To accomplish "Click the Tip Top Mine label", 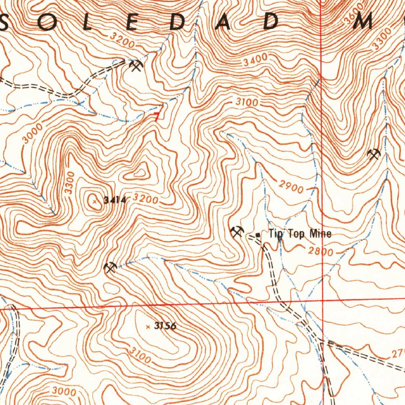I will pos(300,234).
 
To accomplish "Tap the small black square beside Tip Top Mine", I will pos(258,235).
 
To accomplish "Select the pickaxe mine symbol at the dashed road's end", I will pos(136,65).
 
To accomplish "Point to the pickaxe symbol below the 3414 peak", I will pos(110,268).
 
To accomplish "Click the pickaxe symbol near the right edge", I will pos(373,154).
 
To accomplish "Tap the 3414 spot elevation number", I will pos(114,201).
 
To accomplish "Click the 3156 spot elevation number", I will pos(165,326).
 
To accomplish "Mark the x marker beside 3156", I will pos(148,327).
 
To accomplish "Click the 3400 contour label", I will pos(255,61).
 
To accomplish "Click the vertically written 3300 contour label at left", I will pos(70,183).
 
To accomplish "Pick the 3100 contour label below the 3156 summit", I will pos(139,356).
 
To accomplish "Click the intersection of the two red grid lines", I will pos(323,300).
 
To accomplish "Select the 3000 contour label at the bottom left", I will pos(64,392).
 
